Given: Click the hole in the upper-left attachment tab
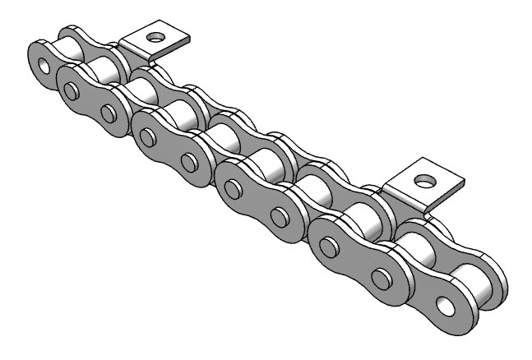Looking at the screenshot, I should point(152,37).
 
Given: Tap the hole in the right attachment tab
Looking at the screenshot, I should point(423,179).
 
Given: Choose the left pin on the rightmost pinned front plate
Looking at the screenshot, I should point(329,247).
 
